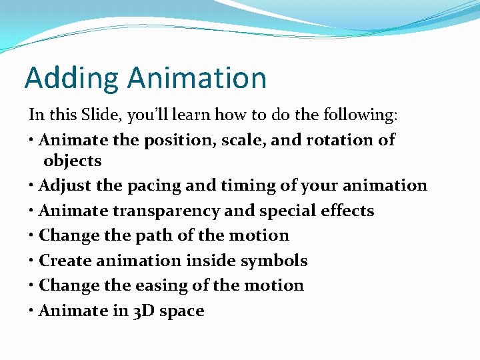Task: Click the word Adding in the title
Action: tap(72, 78)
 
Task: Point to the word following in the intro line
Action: tap(360, 115)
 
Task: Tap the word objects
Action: tap(72, 161)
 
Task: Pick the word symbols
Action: tap(275, 261)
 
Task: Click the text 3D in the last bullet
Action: tap(129, 311)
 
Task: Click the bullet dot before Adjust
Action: tap(32, 185)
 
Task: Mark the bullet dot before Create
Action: tap(32, 261)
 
